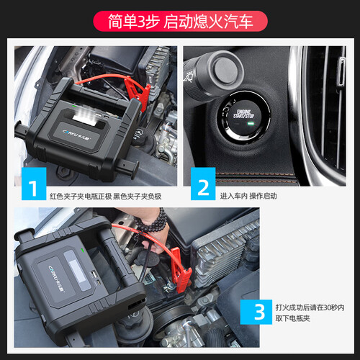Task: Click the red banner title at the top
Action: tap(180, 21)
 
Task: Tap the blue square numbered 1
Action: tap(34, 184)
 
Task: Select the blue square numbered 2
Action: tap(203, 184)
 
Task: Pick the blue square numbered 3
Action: tap(256, 312)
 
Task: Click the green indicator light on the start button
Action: tap(251, 124)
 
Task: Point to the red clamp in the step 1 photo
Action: tap(138, 93)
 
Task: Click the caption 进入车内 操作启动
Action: tap(248, 196)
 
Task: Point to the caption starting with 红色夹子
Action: tap(106, 197)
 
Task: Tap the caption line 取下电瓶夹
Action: tap(292, 318)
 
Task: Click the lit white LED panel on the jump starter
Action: tap(86, 114)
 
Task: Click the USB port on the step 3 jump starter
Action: tap(94, 274)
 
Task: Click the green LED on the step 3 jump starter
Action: tap(83, 250)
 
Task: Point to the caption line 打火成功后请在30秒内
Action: tap(310, 307)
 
